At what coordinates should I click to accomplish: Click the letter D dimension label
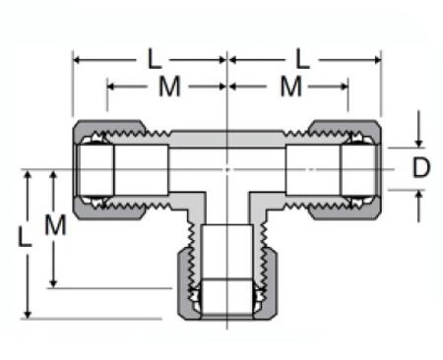click(x=421, y=168)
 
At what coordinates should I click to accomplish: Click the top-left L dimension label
click(x=154, y=58)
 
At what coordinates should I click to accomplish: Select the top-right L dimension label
click(x=302, y=58)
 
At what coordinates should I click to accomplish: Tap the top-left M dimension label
click(x=169, y=87)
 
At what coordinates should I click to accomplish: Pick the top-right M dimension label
click(x=288, y=87)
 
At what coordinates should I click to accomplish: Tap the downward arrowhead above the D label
click(x=420, y=142)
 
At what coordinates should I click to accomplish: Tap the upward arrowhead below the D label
click(x=420, y=195)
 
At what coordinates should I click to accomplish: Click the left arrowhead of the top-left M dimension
click(x=110, y=88)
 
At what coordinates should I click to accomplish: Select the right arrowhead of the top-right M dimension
click(x=346, y=88)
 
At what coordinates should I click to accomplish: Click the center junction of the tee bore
click(x=227, y=168)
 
